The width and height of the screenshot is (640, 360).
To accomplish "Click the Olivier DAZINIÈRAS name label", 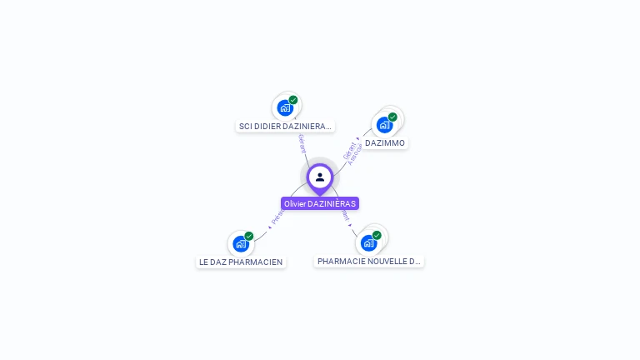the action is pos(320,203).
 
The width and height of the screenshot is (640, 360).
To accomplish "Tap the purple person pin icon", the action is pos(320,177).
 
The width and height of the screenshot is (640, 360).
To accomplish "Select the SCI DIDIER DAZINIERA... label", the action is pos(285,127).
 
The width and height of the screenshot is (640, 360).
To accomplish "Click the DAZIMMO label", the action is pos(385,143).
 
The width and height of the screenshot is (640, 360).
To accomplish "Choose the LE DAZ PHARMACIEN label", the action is pos(241,262).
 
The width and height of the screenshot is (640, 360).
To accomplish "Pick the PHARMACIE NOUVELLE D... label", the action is pos(369,261).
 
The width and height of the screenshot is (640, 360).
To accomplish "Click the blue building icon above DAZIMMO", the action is pos(384,125).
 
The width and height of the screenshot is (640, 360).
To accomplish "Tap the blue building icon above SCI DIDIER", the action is pos(285,107).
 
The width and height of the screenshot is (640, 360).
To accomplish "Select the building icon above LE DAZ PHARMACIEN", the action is pos(241,243).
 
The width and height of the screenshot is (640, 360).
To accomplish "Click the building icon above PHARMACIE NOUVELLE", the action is pos(368,242).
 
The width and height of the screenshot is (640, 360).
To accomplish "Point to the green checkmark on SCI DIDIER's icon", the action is pos(293,100).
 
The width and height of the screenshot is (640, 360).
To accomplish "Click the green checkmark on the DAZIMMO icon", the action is pos(392,117).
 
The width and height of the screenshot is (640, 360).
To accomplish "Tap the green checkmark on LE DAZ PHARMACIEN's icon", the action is pos(248,236).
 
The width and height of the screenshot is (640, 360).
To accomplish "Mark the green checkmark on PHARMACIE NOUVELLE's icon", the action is pos(377,235).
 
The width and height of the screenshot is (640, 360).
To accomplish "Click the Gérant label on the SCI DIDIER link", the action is pos(302,142).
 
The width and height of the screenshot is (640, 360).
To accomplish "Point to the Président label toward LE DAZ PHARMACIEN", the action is pos(277,217).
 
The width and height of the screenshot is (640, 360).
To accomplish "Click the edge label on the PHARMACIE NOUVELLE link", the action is pos(345,215).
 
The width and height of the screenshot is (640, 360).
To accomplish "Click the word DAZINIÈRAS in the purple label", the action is pos(332,203).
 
